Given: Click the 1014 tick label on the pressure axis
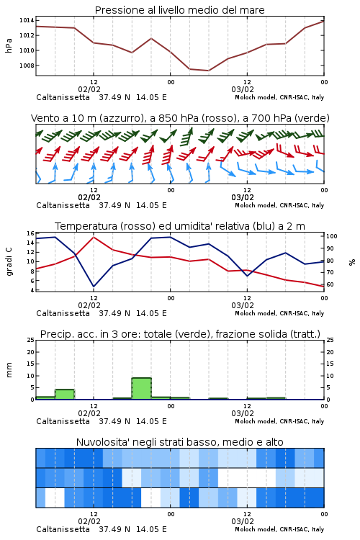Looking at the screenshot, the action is click(27, 21).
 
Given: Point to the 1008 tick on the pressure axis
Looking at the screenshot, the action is click(27, 66).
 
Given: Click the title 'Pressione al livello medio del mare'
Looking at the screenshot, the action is click(180, 10).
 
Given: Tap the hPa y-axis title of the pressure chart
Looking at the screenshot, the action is click(9, 45).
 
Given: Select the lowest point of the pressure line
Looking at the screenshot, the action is click(208, 71).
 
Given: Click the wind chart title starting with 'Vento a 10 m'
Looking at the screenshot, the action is click(180, 118).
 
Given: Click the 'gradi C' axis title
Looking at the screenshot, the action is click(9, 261).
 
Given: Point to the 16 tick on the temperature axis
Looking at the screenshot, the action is click(30, 233).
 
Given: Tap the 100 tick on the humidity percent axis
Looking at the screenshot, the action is click(331, 236).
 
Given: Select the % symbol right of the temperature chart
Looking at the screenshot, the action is click(352, 262).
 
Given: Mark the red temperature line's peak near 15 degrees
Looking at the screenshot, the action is click(94, 237).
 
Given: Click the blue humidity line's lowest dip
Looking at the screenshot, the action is click(94, 287).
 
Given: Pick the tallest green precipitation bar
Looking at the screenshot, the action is click(142, 389).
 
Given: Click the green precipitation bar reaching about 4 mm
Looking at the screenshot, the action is click(65, 395).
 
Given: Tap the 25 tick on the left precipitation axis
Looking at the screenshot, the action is click(30, 340).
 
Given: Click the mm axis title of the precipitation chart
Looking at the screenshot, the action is click(9, 370).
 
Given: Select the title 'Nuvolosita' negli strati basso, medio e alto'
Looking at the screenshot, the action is click(180, 442).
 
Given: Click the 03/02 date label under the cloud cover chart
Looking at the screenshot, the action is click(243, 521).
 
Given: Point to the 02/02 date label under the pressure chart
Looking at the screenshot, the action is click(89, 89).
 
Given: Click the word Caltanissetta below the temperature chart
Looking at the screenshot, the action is click(63, 313).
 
